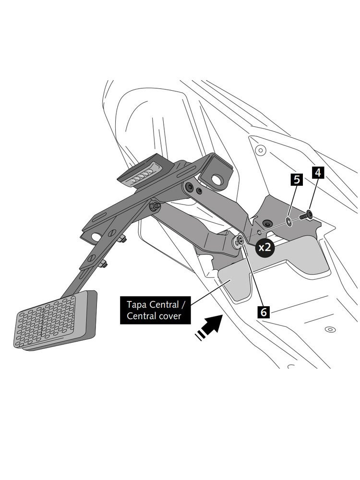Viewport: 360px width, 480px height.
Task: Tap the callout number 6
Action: coord(264,312)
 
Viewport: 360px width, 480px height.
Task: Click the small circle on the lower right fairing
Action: coord(328,330)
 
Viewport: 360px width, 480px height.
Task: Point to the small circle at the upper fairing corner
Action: coord(260,150)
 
